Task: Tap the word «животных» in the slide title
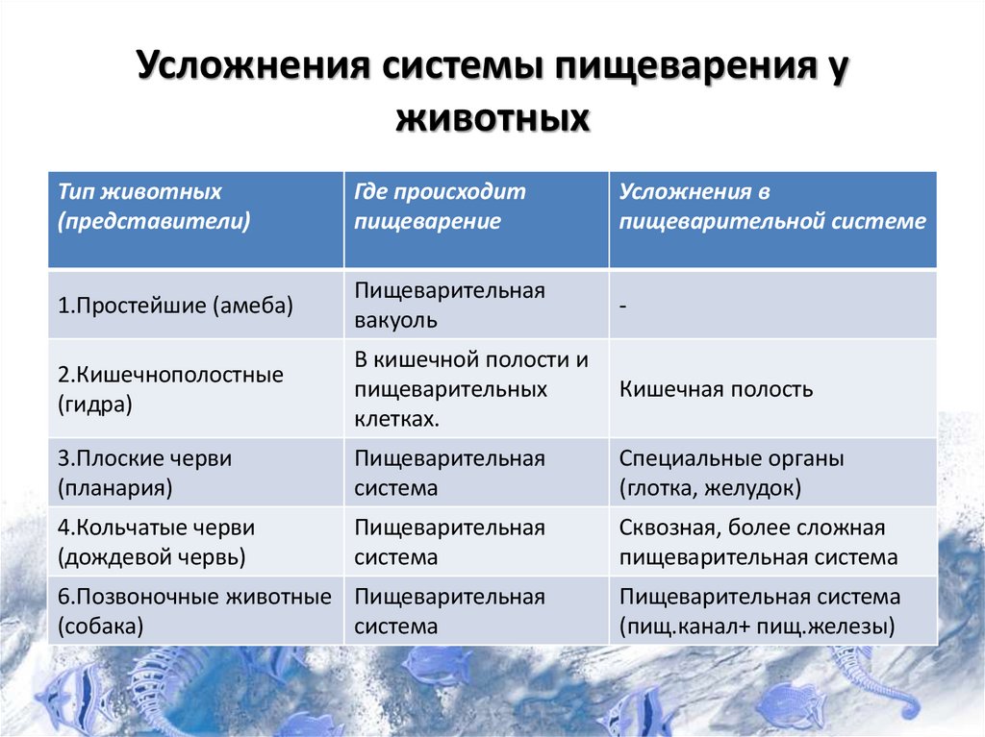click(x=492, y=121)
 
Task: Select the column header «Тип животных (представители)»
click(x=154, y=207)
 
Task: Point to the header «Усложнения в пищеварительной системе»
click(x=772, y=207)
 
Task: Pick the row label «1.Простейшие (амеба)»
click(x=175, y=306)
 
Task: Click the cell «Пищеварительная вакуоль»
click(x=449, y=305)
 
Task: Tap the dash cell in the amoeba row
click(x=625, y=307)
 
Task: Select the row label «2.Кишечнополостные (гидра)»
click(x=171, y=388)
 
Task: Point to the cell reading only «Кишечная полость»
click(x=717, y=389)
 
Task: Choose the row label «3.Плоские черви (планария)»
click(x=145, y=473)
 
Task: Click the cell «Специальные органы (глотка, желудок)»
click(x=731, y=473)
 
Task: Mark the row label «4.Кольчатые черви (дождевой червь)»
click(x=157, y=542)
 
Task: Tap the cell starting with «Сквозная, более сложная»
click(x=758, y=542)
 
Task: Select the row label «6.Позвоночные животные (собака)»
click(x=194, y=611)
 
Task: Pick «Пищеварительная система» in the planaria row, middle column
click(x=449, y=473)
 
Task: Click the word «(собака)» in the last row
click(x=101, y=626)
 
